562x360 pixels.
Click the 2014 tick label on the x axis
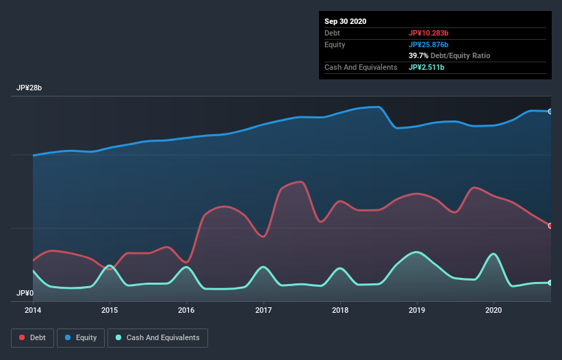33,310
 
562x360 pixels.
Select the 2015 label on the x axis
110,310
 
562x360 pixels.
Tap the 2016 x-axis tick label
186,310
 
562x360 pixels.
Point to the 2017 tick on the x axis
263,310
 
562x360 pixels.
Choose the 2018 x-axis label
340,310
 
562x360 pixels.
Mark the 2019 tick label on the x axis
416,310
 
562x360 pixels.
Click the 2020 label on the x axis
493,310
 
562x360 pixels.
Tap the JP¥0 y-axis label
25,293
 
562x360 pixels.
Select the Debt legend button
34,337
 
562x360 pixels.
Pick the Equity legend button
81,337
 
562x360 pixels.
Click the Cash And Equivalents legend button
157,337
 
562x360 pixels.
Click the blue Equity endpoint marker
550,112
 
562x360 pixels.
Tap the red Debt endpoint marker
550,226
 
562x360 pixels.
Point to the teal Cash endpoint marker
550,283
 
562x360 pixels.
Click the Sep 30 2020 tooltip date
346,21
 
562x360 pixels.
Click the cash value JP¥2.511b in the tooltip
426,67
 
